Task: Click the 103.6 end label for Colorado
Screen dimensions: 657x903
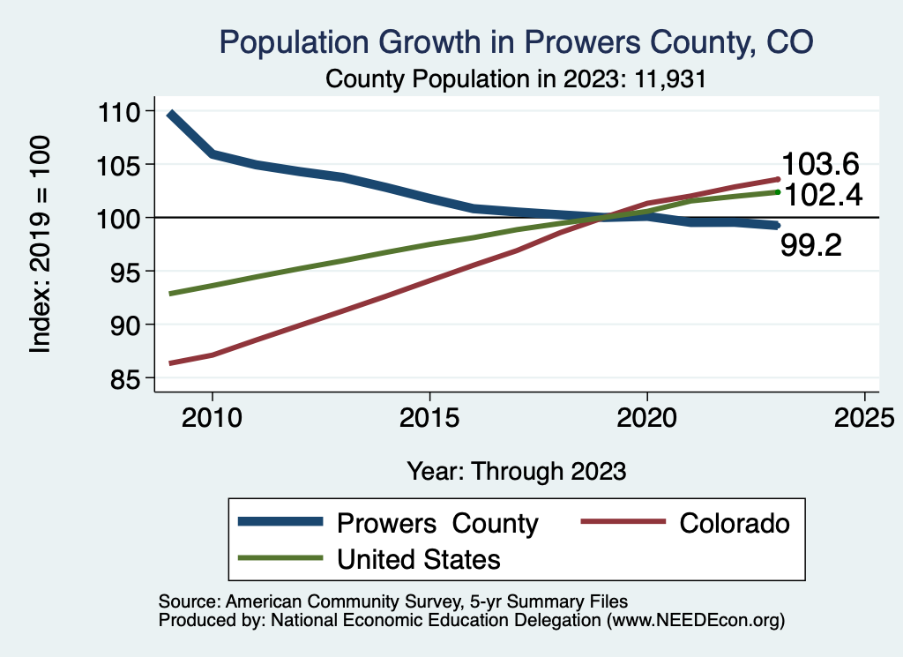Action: pyautogui.click(x=820, y=164)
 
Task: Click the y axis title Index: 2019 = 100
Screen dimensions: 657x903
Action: pyautogui.click(x=41, y=244)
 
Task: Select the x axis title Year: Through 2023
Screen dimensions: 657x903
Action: pyautogui.click(x=517, y=471)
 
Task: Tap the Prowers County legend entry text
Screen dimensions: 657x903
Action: pyautogui.click(x=437, y=523)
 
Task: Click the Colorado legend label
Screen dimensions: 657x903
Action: pyautogui.click(x=735, y=523)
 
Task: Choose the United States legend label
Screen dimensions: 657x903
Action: pyautogui.click(x=419, y=558)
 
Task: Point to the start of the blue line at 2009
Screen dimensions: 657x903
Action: pyautogui.click(x=170, y=114)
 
